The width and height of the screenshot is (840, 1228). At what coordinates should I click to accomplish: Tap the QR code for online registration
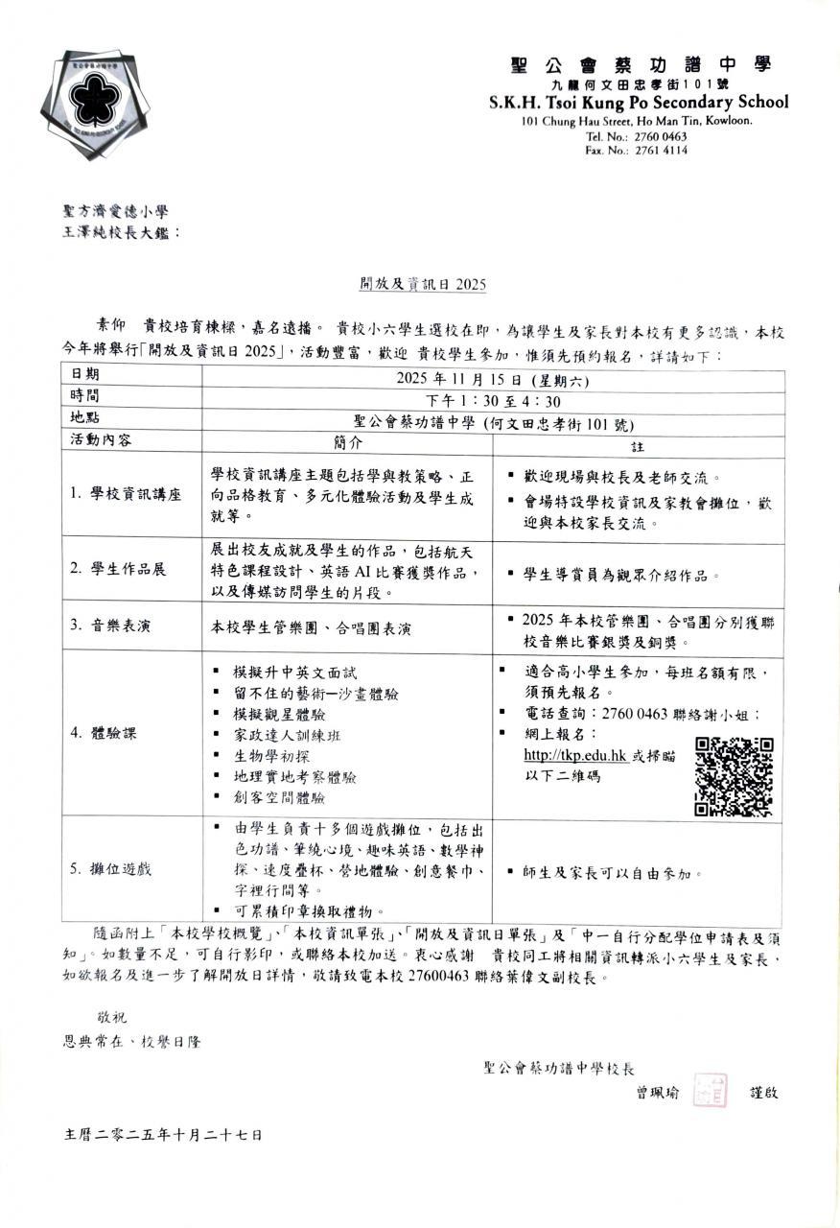[734, 776]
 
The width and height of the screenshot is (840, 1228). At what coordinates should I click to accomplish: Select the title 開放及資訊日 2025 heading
[423, 284]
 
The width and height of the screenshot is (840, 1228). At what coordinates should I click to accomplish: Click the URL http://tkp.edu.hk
[575, 755]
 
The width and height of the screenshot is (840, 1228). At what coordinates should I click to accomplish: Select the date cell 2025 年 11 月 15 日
[493, 379]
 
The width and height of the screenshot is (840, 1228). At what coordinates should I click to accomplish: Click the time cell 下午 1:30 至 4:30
[493, 400]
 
